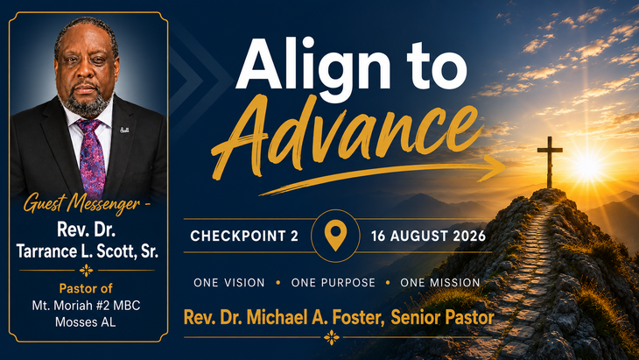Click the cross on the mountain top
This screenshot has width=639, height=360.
550,162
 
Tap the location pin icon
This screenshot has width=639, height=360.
335,236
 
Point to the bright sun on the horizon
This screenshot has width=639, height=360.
588,165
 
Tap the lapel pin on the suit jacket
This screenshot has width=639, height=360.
124,130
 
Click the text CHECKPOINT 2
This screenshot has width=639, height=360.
244,236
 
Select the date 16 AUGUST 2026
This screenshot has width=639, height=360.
428,236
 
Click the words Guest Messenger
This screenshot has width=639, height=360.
81,203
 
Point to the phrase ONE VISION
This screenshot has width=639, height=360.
229,283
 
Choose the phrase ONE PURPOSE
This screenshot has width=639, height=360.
333,283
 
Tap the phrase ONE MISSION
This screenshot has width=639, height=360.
440,283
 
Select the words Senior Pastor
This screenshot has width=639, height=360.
443,317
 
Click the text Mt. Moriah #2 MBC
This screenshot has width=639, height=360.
86,306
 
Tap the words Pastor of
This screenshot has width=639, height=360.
86,288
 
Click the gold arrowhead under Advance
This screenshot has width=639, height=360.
495,167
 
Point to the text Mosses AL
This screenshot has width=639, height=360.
86,322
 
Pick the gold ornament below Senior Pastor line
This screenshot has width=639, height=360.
332,337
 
